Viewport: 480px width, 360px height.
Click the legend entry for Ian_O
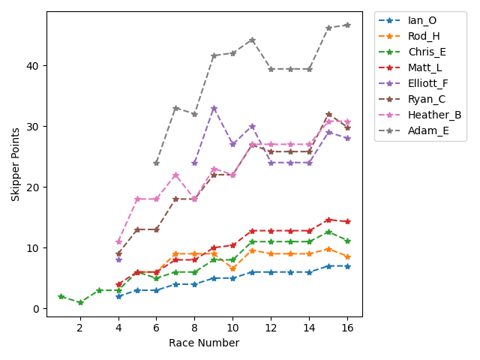click(422, 20)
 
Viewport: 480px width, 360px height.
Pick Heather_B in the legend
click(434, 115)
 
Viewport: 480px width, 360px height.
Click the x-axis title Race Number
click(204, 343)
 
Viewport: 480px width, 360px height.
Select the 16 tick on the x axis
click(346, 328)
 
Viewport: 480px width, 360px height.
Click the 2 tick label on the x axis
click(80, 328)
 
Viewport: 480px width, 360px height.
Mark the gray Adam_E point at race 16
click(346, 25)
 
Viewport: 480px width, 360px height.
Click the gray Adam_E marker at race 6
click(157, 163)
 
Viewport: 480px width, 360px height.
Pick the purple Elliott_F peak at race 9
click(214, 108)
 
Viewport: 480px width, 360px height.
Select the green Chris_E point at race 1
click(61, 296)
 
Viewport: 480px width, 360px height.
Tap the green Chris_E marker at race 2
click(80, 302)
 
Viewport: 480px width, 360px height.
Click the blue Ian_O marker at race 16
click(346, 266)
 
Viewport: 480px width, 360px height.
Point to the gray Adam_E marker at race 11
click(252, 40)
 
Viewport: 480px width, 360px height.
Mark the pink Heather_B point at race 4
click(118, 241)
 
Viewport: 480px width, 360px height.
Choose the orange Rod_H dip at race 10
click(232, 268)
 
